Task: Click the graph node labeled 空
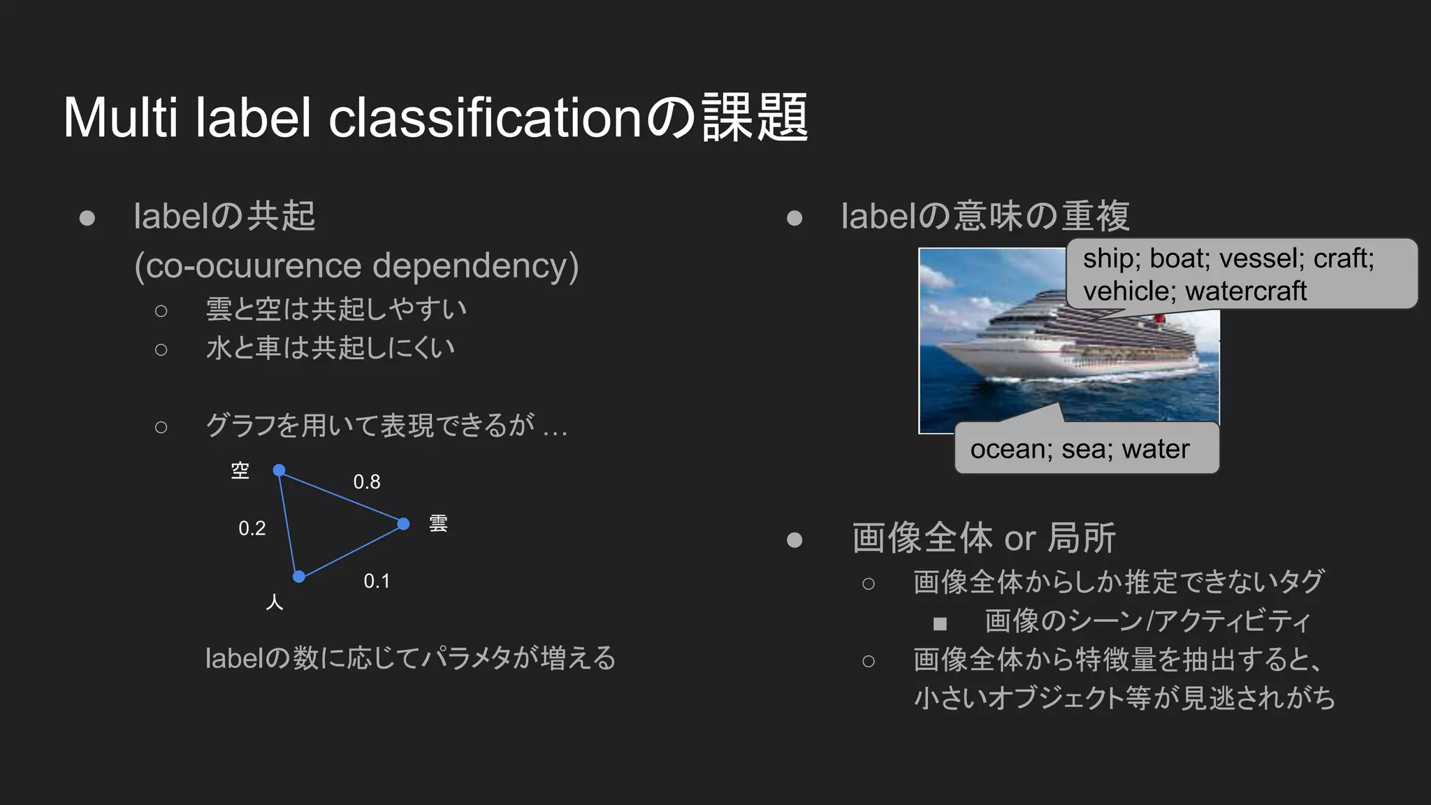tap(279, 470)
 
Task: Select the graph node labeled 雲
tap(403, 523)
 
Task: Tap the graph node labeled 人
tap(299, 576)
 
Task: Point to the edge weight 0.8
tap(367, 482)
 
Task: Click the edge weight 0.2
tap(252, 528)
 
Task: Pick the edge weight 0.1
tap(377, 581)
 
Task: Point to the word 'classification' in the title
tap(485, 117)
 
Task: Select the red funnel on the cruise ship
tap(1159, 318)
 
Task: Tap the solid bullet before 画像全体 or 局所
tap(794, 539)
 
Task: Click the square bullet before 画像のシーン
tap(940, 623)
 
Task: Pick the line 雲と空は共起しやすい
tap(336, 309)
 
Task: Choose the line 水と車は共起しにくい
tap(330, 348)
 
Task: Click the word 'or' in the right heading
tap(1020, 539)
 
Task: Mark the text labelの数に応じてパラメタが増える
tap(410, 658)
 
